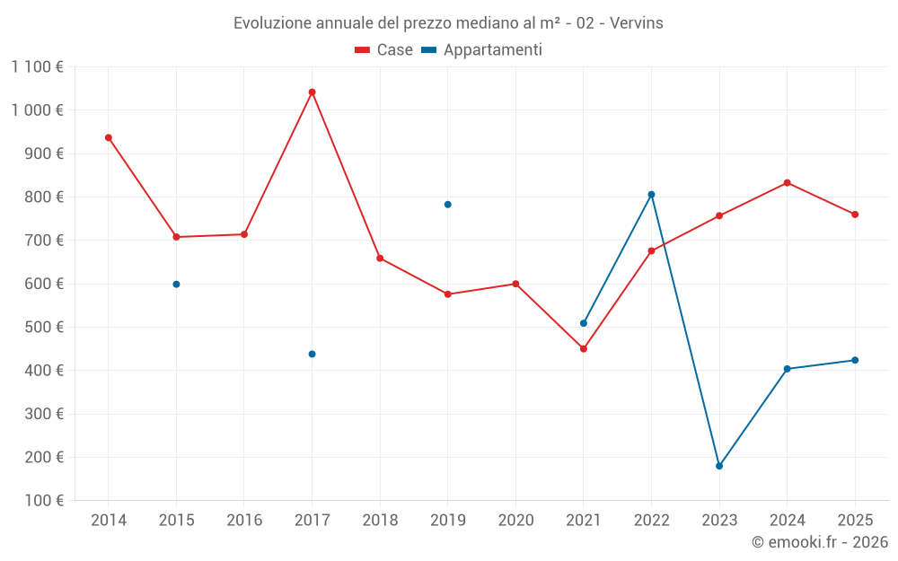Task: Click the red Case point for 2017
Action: click(x=312, y=92)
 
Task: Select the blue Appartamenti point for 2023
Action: click(x=719, y=466)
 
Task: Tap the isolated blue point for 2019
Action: click(x=447, y=205)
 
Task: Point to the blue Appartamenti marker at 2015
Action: click(x=176, y=285)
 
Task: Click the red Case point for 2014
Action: click(x=109, y=137)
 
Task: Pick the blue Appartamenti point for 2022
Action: click(x=651, y=194)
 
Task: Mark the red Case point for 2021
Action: click(x=584, y=348)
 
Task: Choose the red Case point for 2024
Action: click(x=787, y=182)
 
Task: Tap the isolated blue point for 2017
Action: click(x=312, y=354)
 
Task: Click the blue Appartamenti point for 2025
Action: click(x=855, y=360)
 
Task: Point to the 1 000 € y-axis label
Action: click(x=37, y=110)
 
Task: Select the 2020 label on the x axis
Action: click(x=515, y=520)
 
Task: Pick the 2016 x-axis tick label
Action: click(x=244, y=520)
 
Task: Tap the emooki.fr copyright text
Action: click(x=819, y=542)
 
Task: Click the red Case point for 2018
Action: click(x=380, y=258)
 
